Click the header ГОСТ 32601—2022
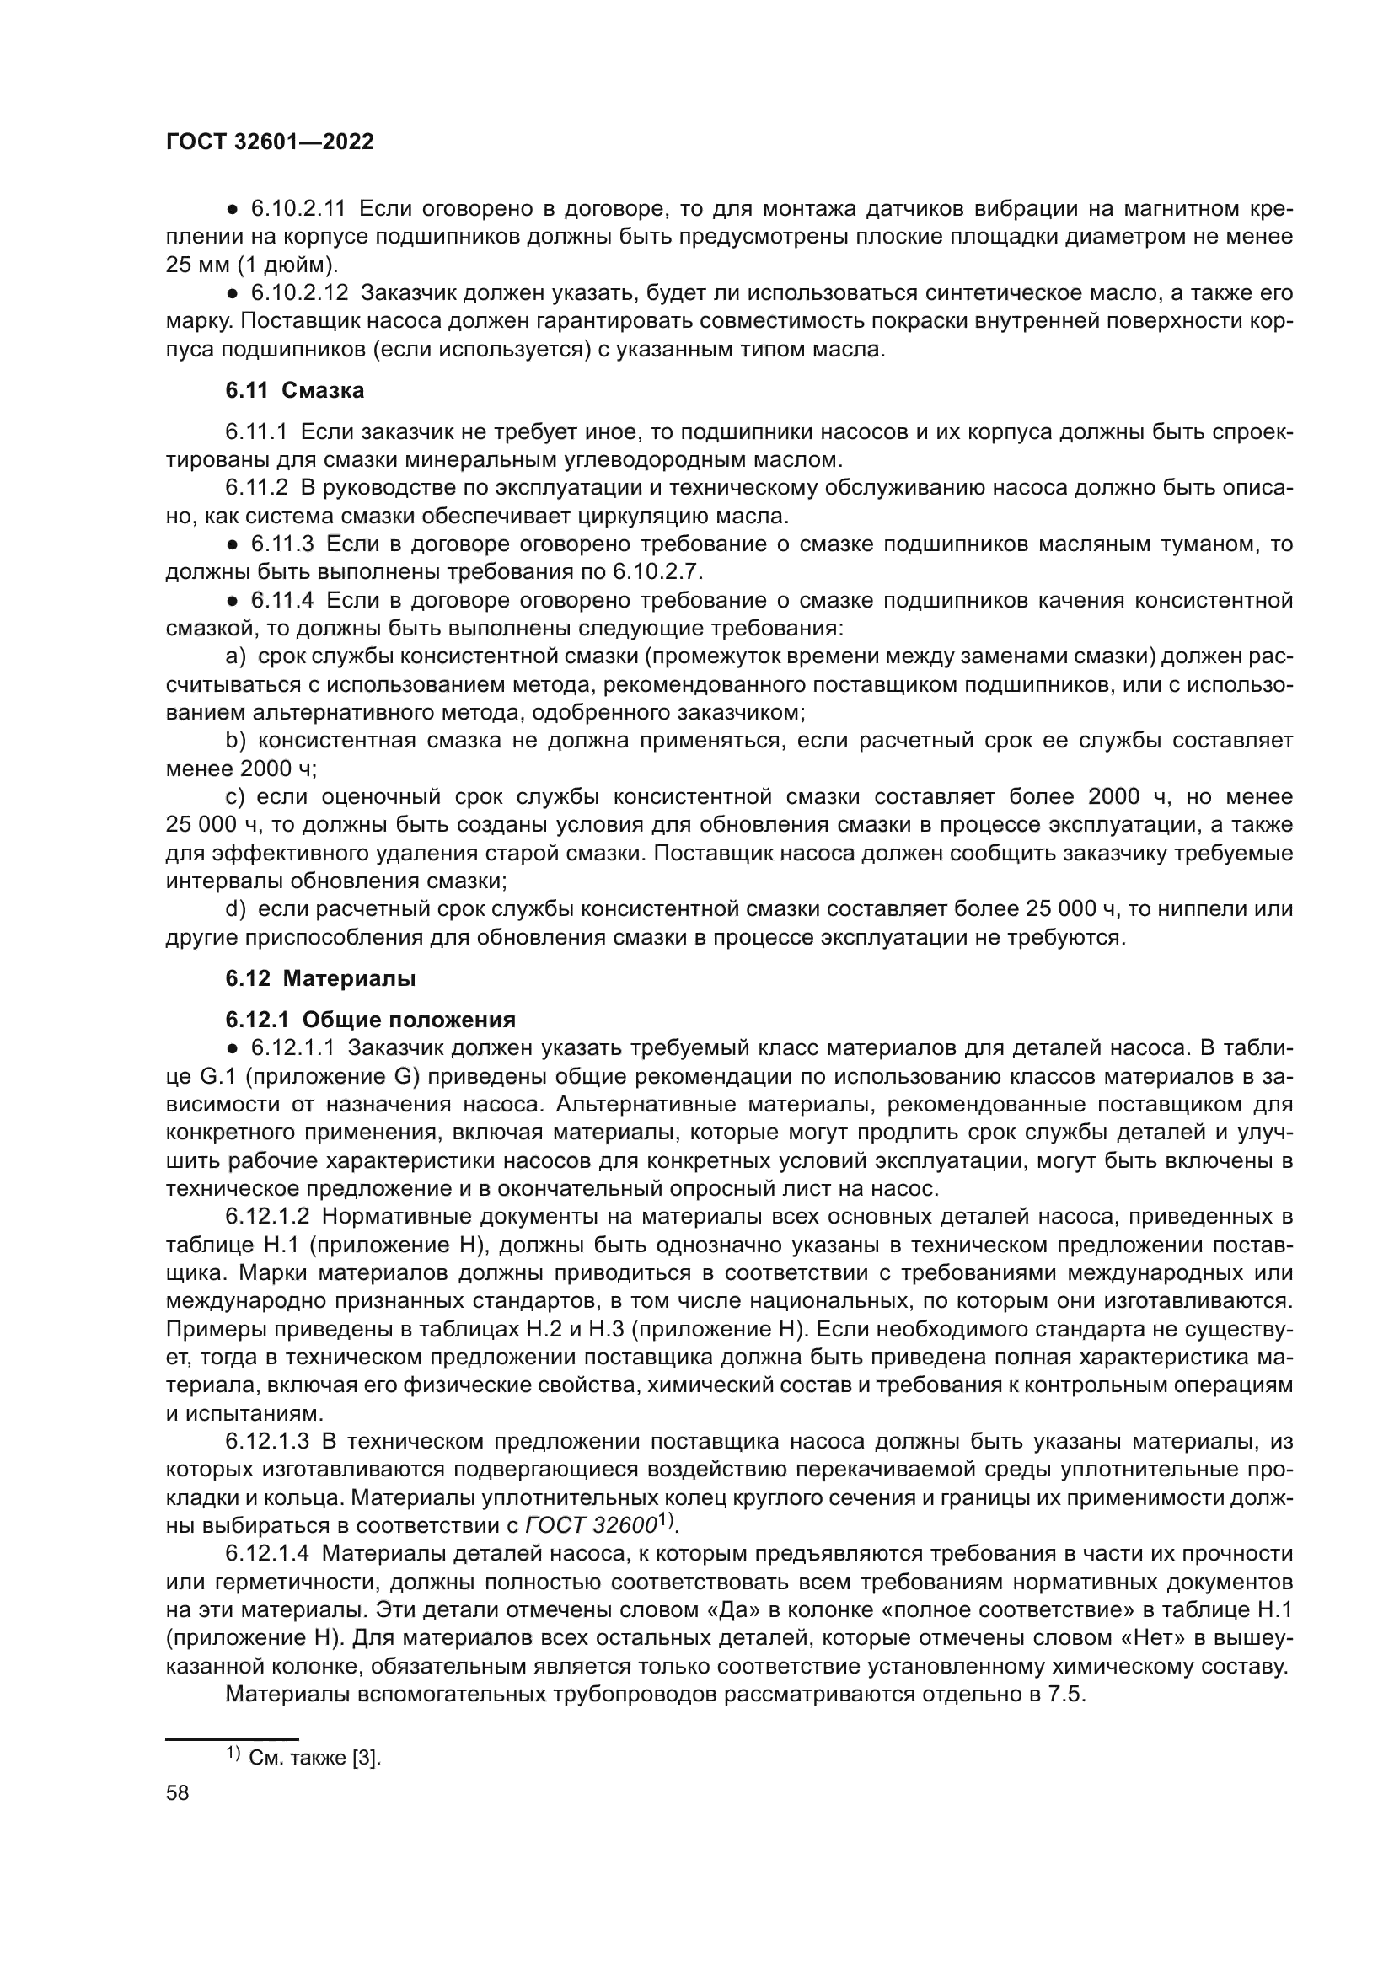click(x=270, y=142)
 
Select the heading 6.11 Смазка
click(x=294, y=391)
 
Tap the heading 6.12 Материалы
click(x=320, y=977)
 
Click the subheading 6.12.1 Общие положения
click(x=370, y=1020)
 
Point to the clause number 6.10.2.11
click(x=297, y=209)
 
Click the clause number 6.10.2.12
click(x=298, y=293)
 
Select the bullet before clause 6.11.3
click(x=232, y=545)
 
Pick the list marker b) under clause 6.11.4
click(x=235, y=740)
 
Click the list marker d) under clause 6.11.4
click(x=235, y=908)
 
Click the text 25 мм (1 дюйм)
click(x=251, y=265)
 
